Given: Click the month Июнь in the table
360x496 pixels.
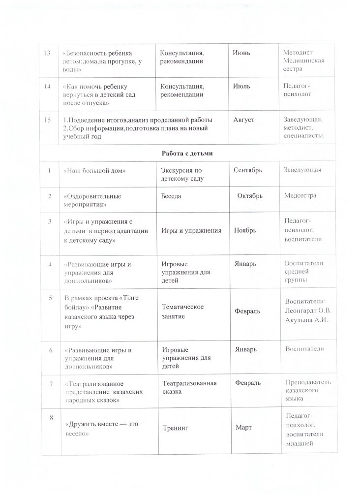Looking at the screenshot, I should coord(241,53).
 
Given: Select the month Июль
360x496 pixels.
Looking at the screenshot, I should coord(241,86).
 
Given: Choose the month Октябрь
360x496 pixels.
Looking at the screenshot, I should coord(249,196).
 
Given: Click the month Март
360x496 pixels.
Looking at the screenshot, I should coord(243,427).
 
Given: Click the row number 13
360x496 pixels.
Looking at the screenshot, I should coord(48,53).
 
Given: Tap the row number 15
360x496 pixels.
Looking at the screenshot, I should coord(48,120).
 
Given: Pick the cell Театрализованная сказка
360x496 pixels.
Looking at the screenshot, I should coord(189,387).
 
